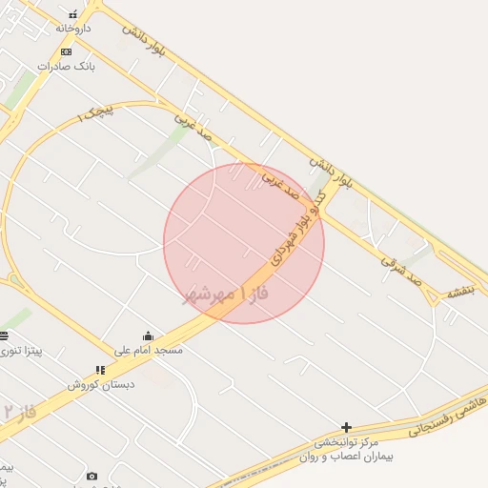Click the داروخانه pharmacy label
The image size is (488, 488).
pos(72,29)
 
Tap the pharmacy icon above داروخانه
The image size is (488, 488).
pos(72,15)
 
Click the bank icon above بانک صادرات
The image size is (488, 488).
pos(66,51)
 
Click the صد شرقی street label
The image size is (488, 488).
pos(401,267)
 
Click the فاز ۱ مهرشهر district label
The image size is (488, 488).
pos(226,293)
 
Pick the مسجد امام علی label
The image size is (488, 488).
pos(148,350)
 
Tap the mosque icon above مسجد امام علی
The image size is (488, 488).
pos(148,335)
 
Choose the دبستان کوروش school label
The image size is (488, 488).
pos(101,383)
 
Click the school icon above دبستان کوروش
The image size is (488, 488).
pos(100,370)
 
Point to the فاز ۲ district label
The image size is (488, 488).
pos(19,413)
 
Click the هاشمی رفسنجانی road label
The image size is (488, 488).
pos(447,417)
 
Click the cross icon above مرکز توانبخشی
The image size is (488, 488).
pos(347,427)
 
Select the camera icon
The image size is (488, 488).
pos(91,476)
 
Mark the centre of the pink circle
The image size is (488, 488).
pos(244,243)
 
